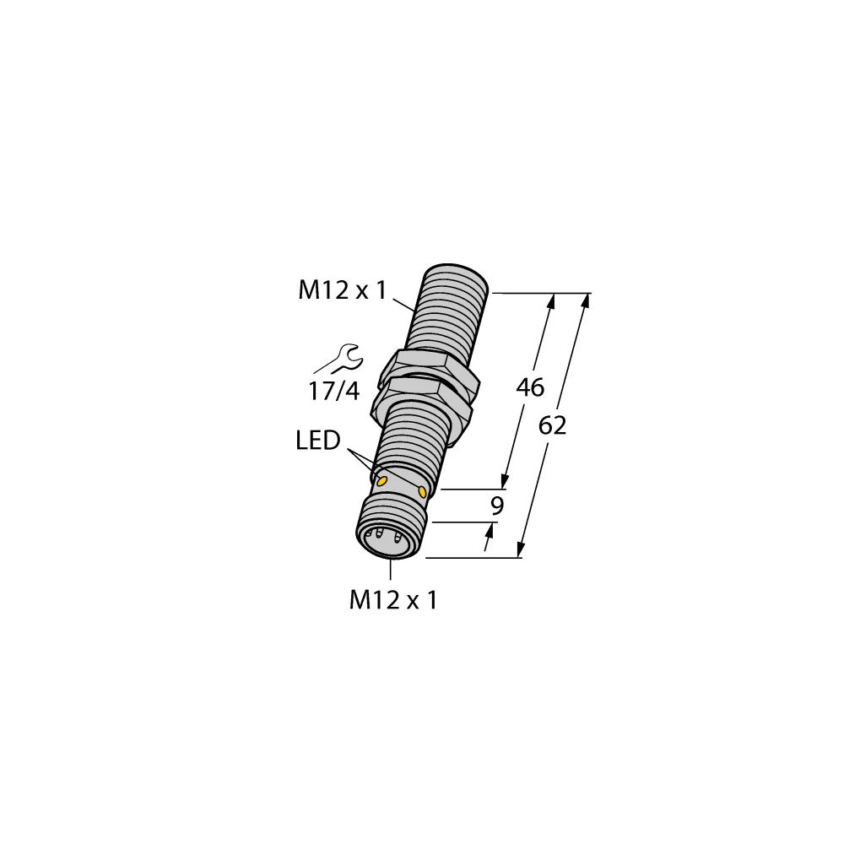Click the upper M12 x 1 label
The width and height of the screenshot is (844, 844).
342,291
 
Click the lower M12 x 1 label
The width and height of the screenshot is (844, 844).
393,601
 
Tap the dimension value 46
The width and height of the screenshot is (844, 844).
530,387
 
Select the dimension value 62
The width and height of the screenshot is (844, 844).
552,426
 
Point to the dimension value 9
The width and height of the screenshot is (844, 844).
497,506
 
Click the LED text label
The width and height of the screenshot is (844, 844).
318,440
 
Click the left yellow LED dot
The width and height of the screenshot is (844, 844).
381,480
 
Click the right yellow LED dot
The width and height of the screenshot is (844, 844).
422,490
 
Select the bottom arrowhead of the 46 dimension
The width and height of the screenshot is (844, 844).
506,481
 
